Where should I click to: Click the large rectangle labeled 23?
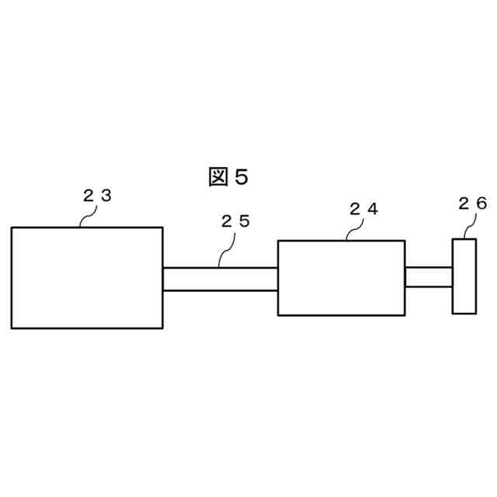pyautogui.click(x=87, y=277)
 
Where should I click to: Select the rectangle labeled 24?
pyautogui.click(x=341, y=277)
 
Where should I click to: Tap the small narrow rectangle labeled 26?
pyautogui.click(x=464, y=276)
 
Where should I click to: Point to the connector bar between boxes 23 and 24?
pyautogui.click(x=220, y=279)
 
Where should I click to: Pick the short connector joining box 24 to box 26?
pyautogui.click(x=428, y=276)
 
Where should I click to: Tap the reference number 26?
pyautogui.click(x=472, y=203)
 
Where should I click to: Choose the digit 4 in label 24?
pyautogui.click(x=373, y=209)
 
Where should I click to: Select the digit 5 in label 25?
pyautogui.click(x=245, y=221)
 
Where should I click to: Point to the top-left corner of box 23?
pyautogui.click(x=12, y=228)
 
